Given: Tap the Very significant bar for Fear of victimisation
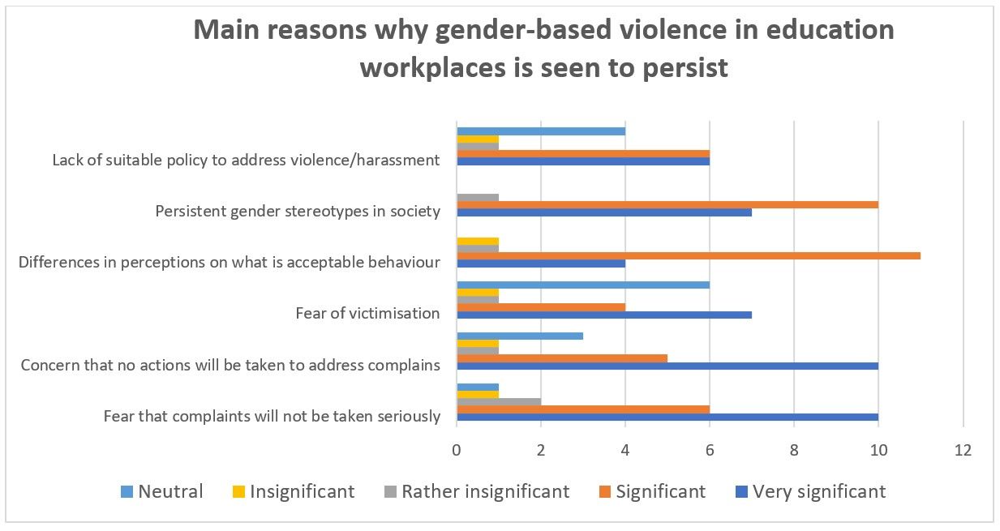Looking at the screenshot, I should (x=604, y=315).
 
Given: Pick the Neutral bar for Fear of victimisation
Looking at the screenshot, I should (x=583, y=285).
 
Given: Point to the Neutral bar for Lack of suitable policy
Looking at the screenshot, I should (x=541, y=131).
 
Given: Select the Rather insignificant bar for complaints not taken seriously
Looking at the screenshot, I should (x=499, y=400).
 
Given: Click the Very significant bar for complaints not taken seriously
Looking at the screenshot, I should (x=667, y=418).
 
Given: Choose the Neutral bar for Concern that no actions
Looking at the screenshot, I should (x=520, y=336).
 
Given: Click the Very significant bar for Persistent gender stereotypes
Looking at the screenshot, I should (x=604, y=212).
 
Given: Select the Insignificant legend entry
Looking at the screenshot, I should (x=292, y=491).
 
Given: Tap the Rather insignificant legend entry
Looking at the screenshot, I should (x=474, y=491).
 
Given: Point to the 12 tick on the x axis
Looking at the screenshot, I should (x=962, y=450).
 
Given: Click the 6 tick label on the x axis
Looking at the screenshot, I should (x=710, y=450).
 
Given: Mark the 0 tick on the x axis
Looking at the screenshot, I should (x=457, y=450).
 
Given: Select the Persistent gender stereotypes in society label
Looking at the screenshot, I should (x=298, y=212).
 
